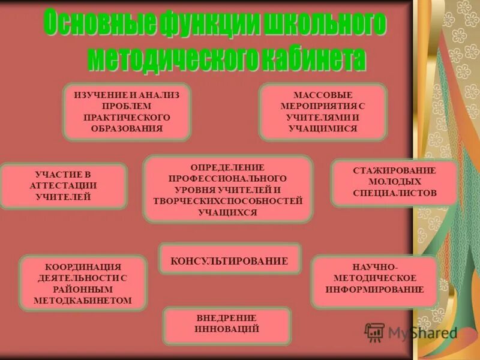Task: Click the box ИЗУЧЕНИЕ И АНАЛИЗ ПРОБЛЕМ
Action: pyautogui.click(x=127, y=112)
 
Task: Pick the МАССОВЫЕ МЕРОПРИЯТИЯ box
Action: pyautogui.click(x=323, y=112)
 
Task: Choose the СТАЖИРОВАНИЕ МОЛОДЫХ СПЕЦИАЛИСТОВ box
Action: pyautogui.click(x=394, y=182)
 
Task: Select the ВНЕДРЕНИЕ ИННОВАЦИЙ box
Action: pyautogui.click(x=227, y=323)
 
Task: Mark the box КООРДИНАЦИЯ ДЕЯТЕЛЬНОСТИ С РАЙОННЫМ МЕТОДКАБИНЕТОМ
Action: pyautogui.click(x=83, y=283)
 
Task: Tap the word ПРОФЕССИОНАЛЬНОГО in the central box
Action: pyautogui.click(x=227, y=179)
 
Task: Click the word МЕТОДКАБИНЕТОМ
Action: pyautogui.click(x=83, y=299)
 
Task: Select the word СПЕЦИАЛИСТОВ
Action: pyautogui.click(x=394, y=193)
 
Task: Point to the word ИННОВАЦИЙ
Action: pyautogui.click(x=227, y=329)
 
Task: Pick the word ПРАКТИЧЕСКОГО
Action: pyautogui.click(x=127, y=117)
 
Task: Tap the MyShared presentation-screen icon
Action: pyautogui.click(x=374, y=332)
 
